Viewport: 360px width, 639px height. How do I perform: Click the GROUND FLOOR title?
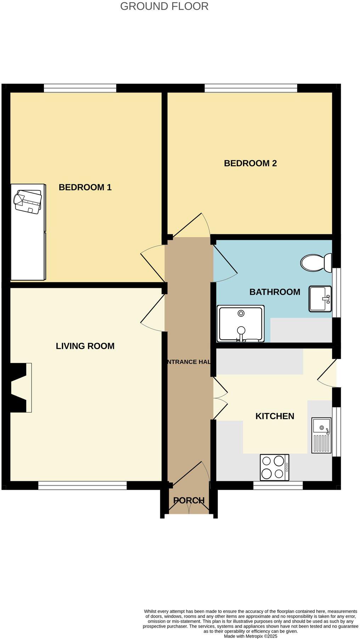[x=164, y=6]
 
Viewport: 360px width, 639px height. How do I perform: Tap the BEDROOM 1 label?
[x=85, y=187]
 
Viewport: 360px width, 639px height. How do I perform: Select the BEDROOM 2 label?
[x=250, y=163]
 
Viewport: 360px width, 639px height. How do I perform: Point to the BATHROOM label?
[x=275, y=292]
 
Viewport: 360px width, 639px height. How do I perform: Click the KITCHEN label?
[x=275, y=416]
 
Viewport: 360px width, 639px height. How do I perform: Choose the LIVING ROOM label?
[x=85, y=346]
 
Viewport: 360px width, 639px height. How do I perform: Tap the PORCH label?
[x=189, y=500]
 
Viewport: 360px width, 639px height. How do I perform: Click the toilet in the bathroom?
[x=315, y=263]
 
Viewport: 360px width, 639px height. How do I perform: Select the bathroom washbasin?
[x=320, y=299]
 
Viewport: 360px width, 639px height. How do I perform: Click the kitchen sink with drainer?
[x=321, y=435]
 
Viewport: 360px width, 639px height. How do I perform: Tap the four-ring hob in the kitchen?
[x=274, y=467]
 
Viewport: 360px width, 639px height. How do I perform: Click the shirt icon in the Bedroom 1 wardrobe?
[x=28, y=202]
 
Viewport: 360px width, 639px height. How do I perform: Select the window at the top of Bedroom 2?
[x=251, y=88]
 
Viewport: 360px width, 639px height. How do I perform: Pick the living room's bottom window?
[x=82, y=485]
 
